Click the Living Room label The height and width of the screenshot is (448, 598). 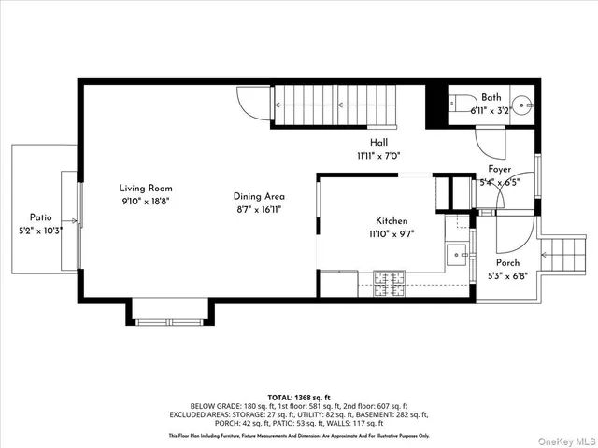[144, 187]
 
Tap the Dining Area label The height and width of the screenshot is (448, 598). [259, 197]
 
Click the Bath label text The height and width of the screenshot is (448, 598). [491, 98]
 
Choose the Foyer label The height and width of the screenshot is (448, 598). [499, 169]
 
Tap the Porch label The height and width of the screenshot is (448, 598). [508, 262]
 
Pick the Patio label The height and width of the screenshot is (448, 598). [39, 217]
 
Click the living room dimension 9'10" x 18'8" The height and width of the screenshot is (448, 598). [144, 200]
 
